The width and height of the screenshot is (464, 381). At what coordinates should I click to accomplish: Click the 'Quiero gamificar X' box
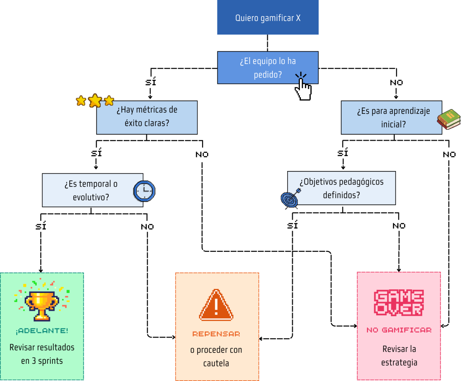click(268, 18)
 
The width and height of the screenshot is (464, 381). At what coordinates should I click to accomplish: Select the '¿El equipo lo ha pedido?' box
click(268, 68)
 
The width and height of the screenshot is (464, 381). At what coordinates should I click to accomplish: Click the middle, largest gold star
click(95, 100)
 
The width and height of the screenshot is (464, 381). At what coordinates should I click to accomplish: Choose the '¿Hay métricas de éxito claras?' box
click(147, 117)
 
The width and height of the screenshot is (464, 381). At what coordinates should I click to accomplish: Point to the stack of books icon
click(449, 119)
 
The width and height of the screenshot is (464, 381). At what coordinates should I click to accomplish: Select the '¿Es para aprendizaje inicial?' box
click(391, 117)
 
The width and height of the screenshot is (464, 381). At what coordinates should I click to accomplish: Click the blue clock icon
click(144, 191)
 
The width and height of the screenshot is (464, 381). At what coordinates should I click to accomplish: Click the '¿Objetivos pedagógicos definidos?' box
click(341, 188)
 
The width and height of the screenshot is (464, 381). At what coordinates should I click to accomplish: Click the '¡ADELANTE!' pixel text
click(42, 331)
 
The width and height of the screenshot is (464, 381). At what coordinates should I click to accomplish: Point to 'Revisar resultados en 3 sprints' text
click(42, 354)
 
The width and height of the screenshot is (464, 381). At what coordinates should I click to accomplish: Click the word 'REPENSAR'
click(216, 334)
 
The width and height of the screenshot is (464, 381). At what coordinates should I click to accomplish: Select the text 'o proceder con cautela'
click(216, 357)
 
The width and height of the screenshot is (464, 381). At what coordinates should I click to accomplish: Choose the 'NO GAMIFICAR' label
click(399, 330)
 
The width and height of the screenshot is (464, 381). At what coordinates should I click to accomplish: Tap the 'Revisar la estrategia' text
click(399, 356)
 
